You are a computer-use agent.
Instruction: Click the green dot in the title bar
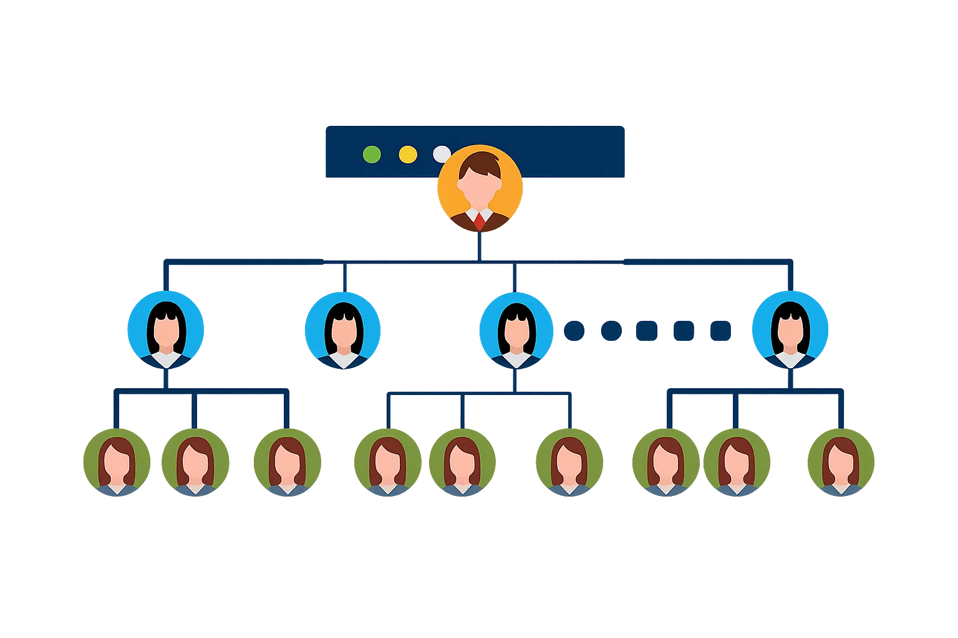coord(372,154)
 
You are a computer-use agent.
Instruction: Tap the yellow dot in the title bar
coord(408,154)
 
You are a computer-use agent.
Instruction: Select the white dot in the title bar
coord(442,153)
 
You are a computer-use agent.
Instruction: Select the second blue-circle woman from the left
coord(342,330)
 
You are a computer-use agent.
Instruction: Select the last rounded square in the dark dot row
coord(721,330)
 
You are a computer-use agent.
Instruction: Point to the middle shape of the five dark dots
coord(647,330)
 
